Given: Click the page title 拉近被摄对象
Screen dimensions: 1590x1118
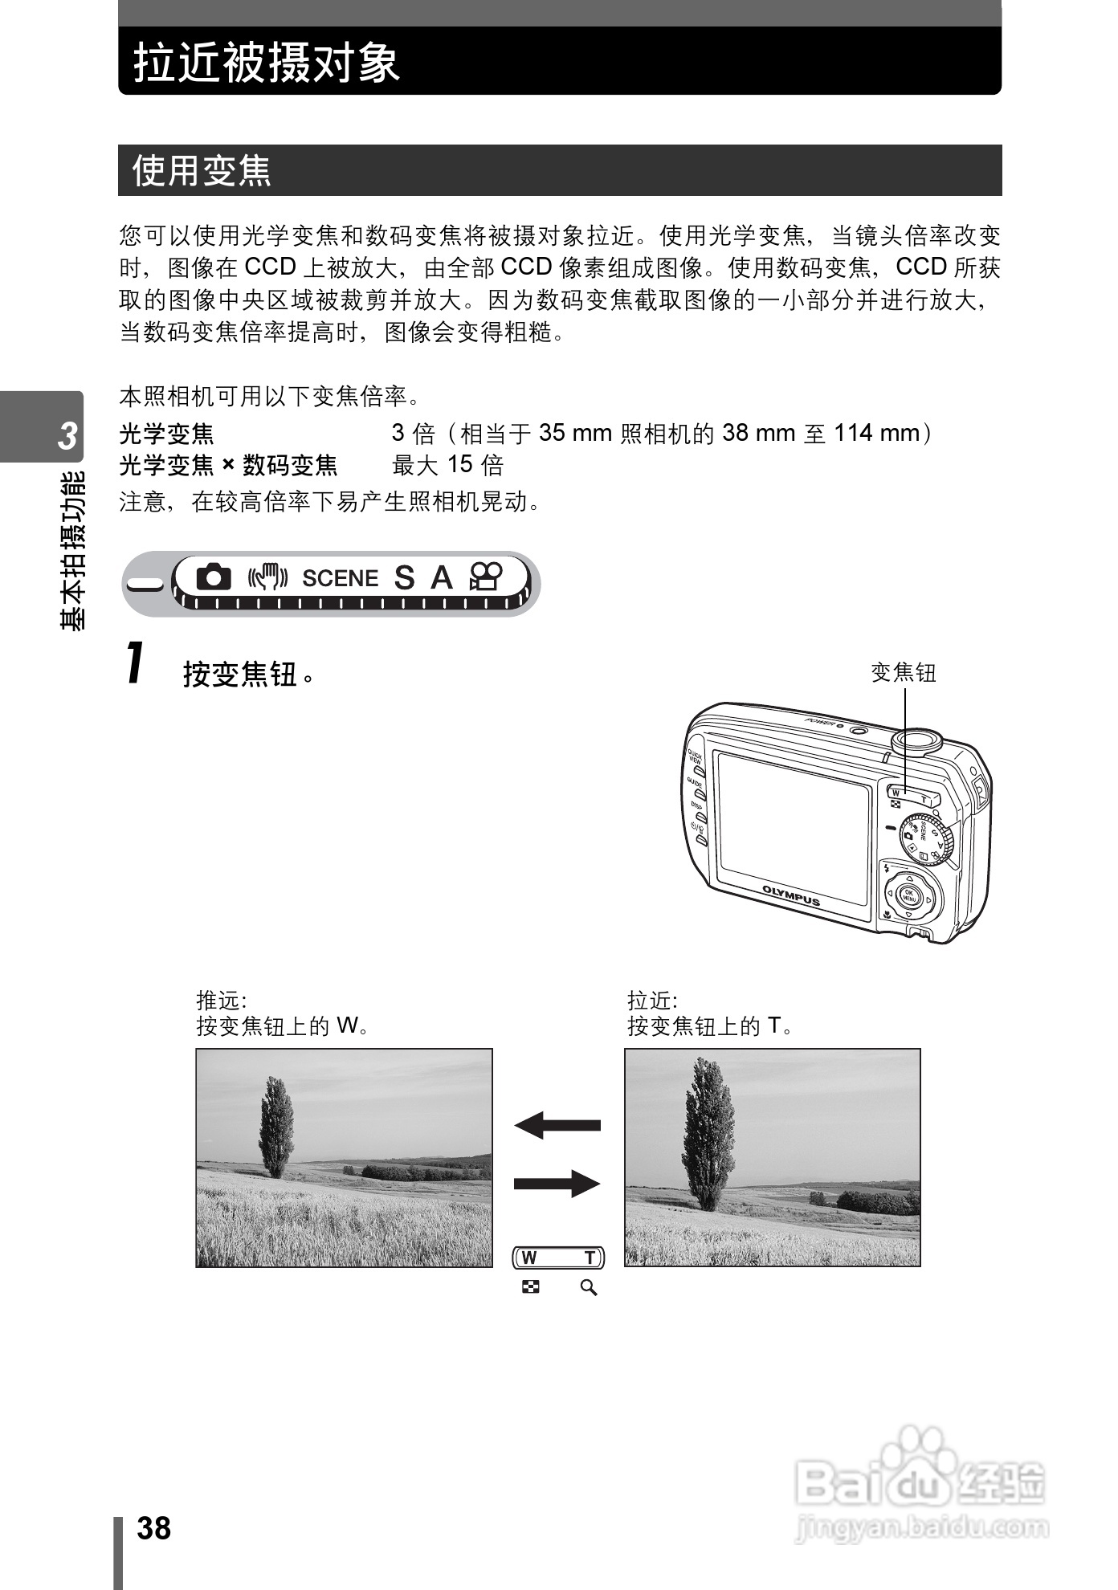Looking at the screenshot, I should pos(267,62).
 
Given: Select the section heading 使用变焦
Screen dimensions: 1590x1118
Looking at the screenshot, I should pos(202,170).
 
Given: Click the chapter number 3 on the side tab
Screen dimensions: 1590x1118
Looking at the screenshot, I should pos(68,434).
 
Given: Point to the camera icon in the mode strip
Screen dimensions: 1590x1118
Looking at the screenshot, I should pos(213,577).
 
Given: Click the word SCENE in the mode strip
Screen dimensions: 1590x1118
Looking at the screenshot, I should pos(340,578).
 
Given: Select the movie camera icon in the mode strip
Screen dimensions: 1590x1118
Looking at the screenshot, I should pos(486,577).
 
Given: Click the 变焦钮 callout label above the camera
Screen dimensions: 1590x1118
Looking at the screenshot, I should pos(904,672).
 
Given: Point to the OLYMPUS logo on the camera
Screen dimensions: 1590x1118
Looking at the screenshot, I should pos(791,895).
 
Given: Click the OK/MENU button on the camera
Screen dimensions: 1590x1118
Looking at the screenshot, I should pos(910,895).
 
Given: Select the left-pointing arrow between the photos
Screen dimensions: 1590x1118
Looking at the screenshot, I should pos(557,1124).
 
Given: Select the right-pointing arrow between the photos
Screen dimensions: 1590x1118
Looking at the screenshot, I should pos(557,1183).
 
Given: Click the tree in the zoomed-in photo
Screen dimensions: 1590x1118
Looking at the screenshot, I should pos(708,1132).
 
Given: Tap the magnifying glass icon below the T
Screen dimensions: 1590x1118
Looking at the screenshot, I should pos(589,1288).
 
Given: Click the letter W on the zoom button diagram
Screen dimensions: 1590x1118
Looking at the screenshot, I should pos(529,1258).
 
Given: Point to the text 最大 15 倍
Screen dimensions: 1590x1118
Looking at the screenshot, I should pos(447,465).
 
